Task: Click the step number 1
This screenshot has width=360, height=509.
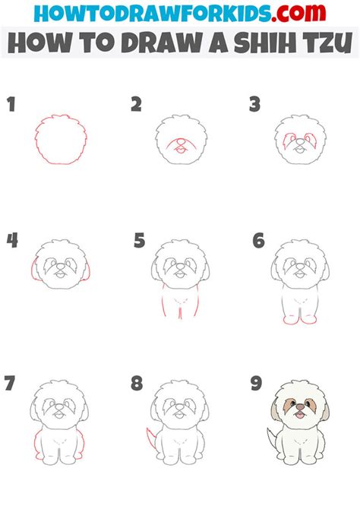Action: tap(11, 104)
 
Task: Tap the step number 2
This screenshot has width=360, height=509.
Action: tap(137, 104)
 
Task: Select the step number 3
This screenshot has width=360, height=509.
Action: tap(255, 104)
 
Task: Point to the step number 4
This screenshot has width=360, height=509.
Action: tap(12, 241)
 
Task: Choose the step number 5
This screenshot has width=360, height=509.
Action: tap(140, 241)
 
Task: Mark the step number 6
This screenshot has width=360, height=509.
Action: tap(259, 241)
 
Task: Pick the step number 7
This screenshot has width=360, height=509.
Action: tap(10, 383)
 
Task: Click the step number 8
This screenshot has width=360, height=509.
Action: tap(137, 383)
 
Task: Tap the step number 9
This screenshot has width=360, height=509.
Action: tap(256, 383)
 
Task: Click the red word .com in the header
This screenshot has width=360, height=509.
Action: tap(298, 13)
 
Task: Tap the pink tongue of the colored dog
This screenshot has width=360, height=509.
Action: tap(299, 416)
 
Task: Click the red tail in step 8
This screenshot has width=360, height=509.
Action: tap(150, 438)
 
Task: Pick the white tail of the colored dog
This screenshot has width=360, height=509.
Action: tap(271, 438)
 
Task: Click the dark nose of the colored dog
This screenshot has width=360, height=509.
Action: tap(300, 406)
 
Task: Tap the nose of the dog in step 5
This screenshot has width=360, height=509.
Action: tap(180, 267)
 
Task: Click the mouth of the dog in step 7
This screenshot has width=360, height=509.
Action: tap(58, 415)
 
